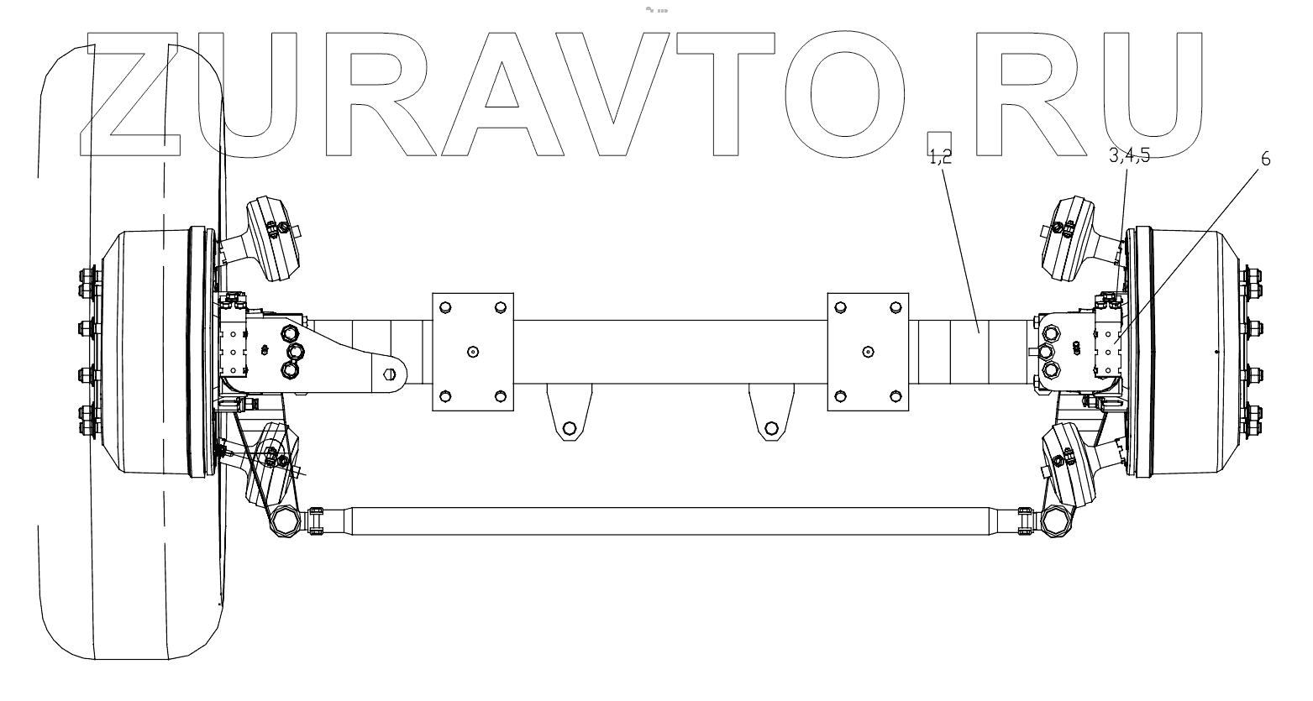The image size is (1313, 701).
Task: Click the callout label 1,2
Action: [x=939, y=155]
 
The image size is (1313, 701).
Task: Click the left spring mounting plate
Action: [x=472, y=351]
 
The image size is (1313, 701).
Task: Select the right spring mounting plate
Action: [x=868, y=351]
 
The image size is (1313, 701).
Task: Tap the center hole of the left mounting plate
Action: [x=472, y=352]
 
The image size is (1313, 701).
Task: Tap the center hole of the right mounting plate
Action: [x=868, y=351]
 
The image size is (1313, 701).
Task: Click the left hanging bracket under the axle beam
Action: [x=569, y=413]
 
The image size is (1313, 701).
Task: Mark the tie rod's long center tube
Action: [x=672, y=521]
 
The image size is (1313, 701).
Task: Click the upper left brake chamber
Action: [x=267, y=237]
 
